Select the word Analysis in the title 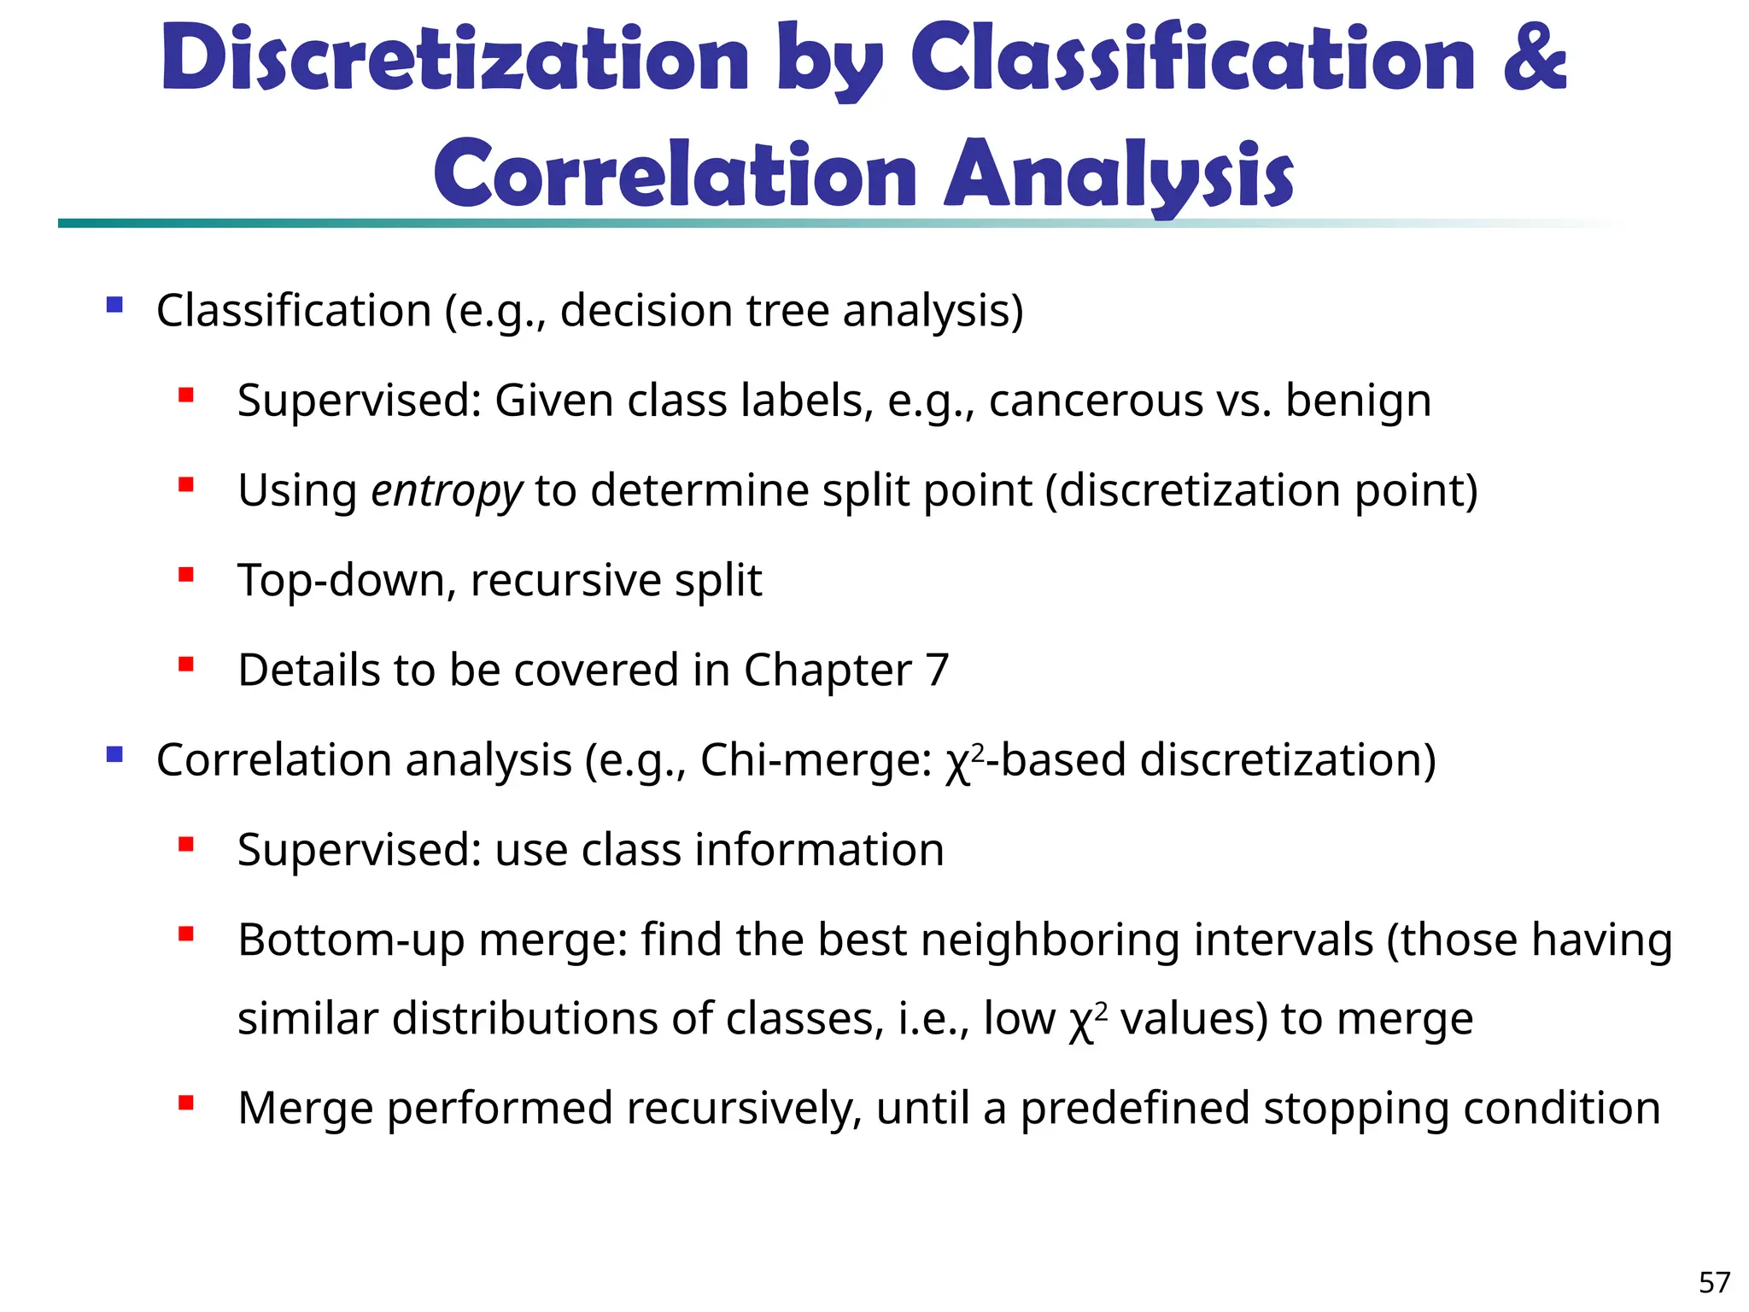pyautogui.click(x=1119, y=175)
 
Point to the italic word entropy pyautogui.click(x=446, y=491)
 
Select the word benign pyautogui.click(x=1358, y=401)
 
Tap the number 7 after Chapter pyautogui.click(x=937, y=671)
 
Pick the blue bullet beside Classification pyautogui.click(x=114, y=305)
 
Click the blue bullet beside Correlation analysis pyautogui.click(x=114, y=755)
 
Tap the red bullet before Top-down pyautogui.click(x=186, y=575)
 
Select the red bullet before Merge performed pyautogui.click(x=186, y=1103)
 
